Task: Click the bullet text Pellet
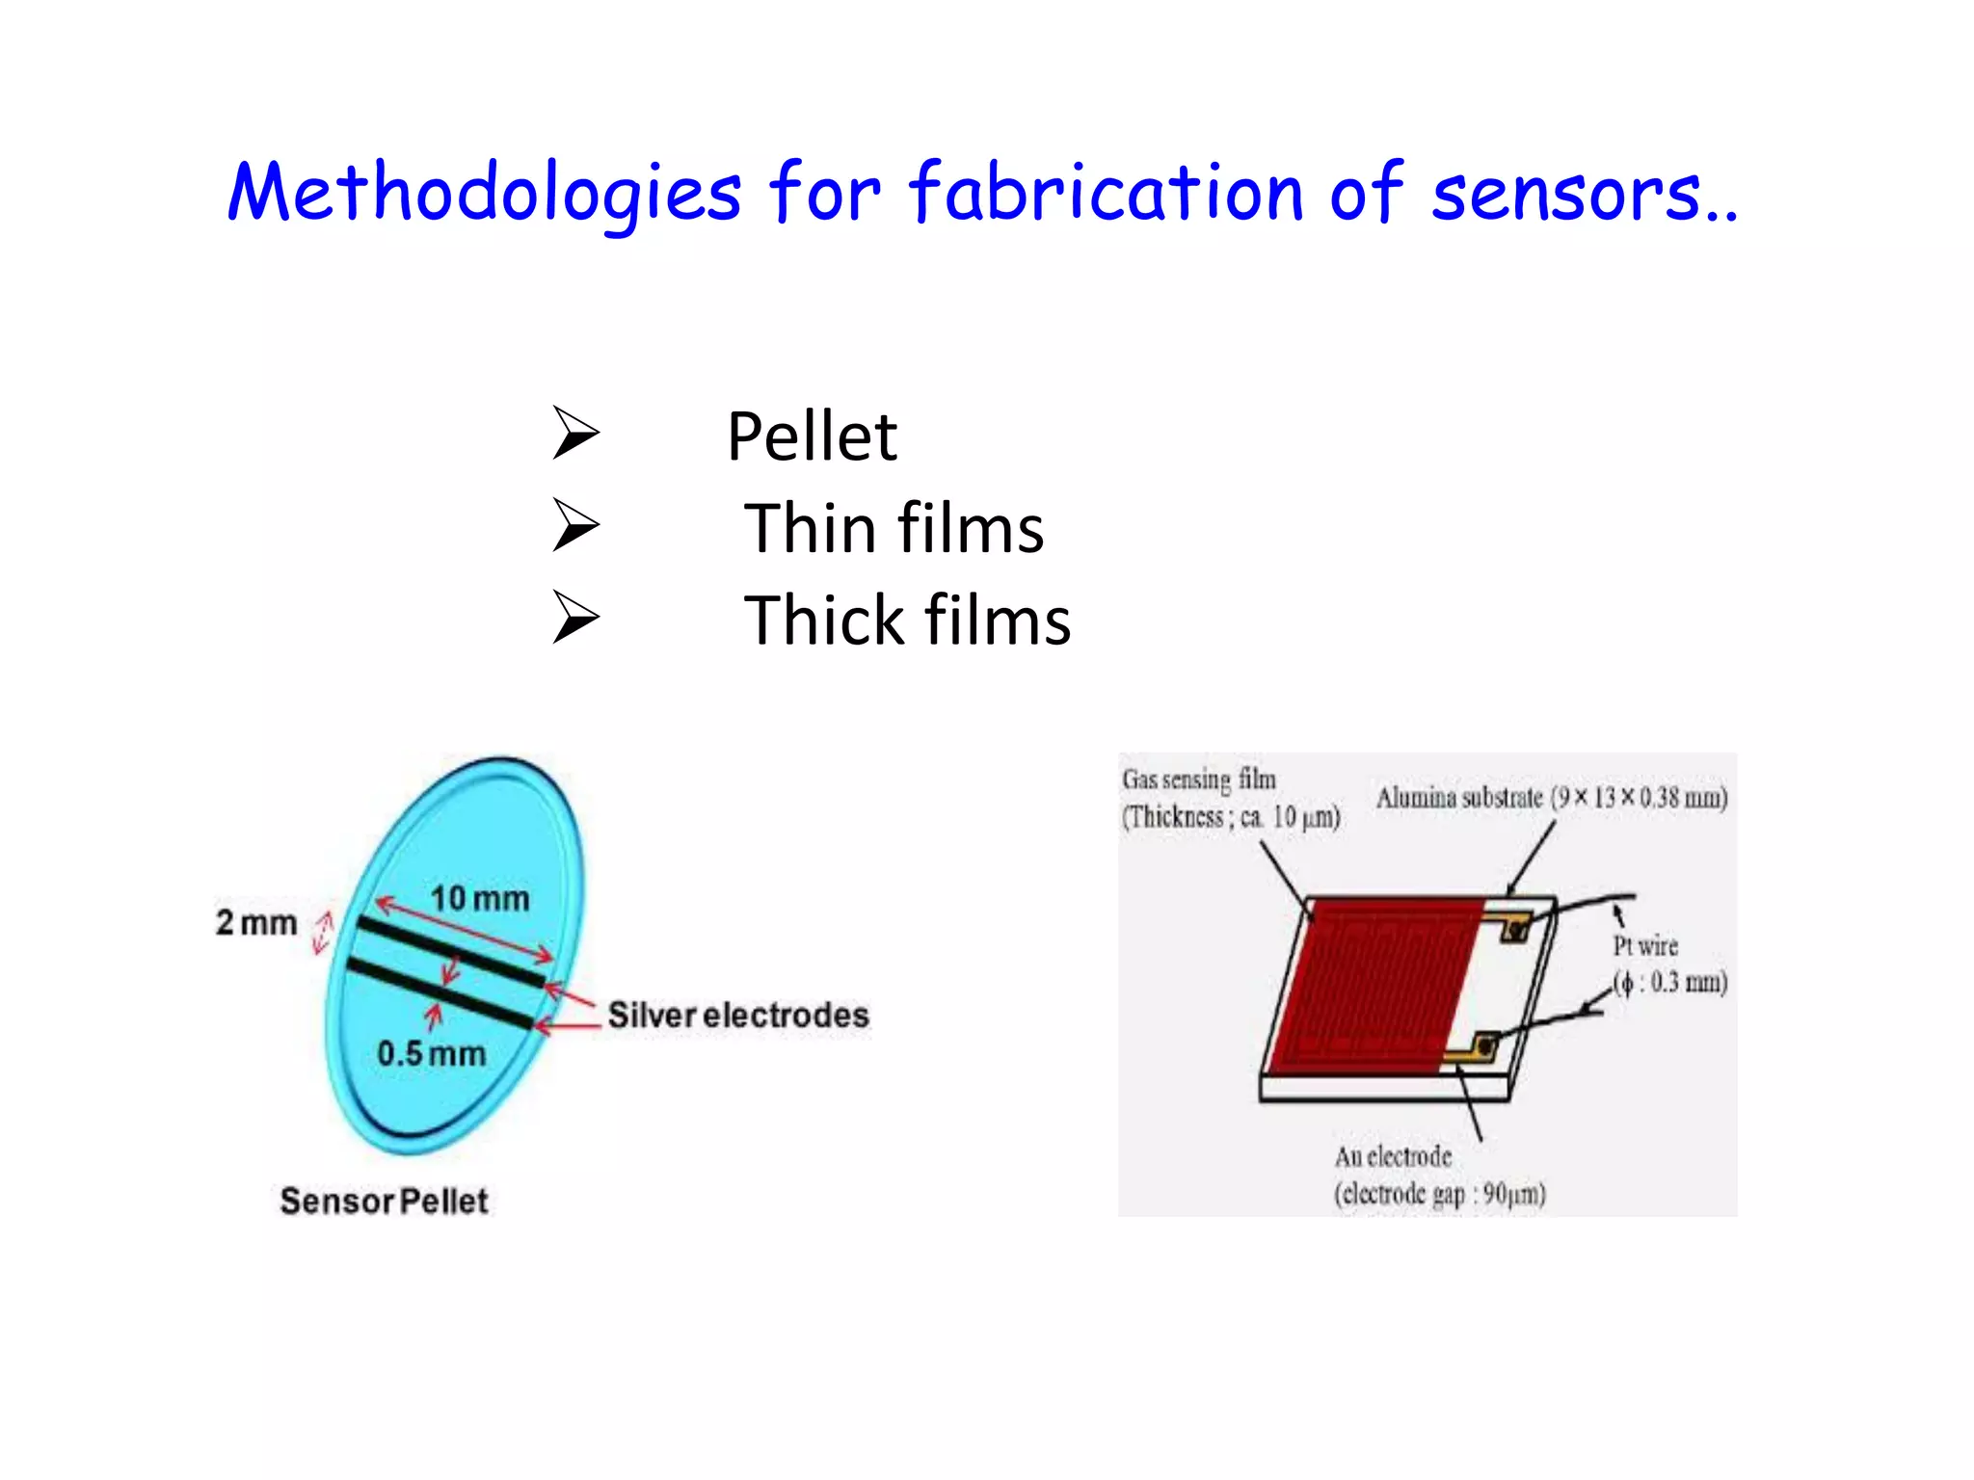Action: point(812,437)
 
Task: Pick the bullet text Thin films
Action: point(893,529)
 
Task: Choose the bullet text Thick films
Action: point(906,621)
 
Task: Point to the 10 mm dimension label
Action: point(479,899)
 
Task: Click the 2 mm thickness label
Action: point(256,922)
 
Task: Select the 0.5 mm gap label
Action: point(431,1053)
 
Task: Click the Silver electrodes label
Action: point(737,1015)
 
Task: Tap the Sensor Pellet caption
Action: point(384,1201)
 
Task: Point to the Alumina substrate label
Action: point(1551,798)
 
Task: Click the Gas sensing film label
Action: point(1229,798)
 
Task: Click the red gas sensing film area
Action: point(1369,983)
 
